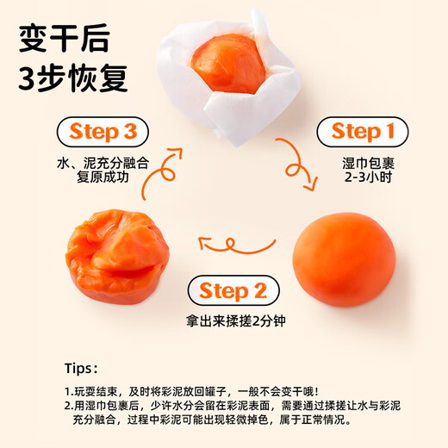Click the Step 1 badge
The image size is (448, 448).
click(x=362, y=132)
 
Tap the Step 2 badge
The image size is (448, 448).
click(x=233, y=290)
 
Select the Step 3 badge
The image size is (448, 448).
click(x=103, y=132)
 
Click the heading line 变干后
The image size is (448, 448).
click(x=65, y=38)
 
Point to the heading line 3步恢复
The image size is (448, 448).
click(x=73, y=78)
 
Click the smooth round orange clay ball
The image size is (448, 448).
click(x=344, y=259)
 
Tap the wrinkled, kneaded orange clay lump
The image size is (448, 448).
click(x=117, y=257)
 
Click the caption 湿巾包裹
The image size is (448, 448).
click(x=368, y=164)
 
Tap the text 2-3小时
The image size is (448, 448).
click(x=368, y=177)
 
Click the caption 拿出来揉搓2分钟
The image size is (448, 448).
click(x=235, y=320)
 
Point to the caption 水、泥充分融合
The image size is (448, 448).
click(x=103, y=164)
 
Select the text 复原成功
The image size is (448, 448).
click(x=103, y=177)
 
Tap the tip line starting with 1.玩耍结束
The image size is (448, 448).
click(x=191, y=391)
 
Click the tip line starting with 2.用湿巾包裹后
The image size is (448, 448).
click(x=233, y=406)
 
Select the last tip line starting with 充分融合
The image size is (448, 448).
click(x=212, y=420)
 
